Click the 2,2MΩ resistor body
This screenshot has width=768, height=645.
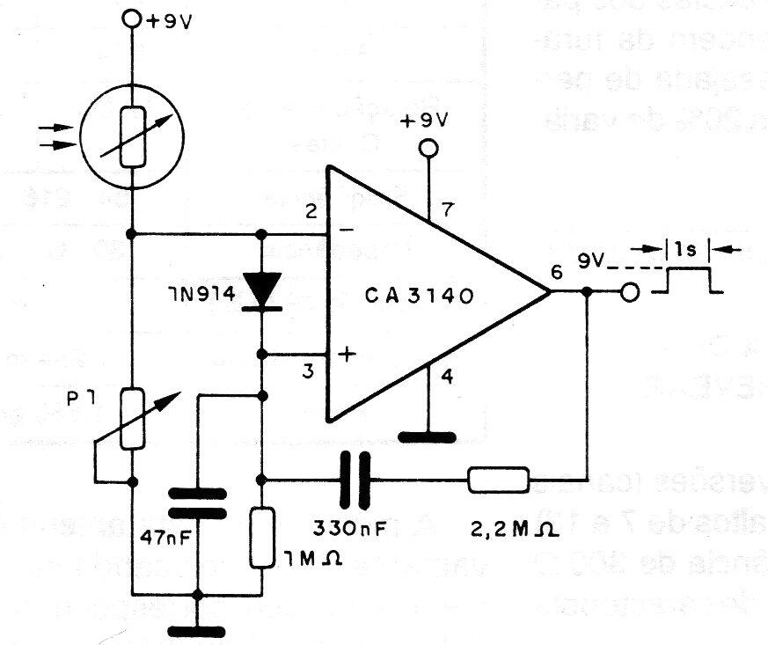(498, 480)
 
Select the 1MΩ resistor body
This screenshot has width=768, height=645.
(262, 537)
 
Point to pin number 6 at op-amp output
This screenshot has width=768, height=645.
(555, 272)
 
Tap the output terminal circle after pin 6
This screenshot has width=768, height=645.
(629, 292)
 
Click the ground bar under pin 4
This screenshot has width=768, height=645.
(427, 435)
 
